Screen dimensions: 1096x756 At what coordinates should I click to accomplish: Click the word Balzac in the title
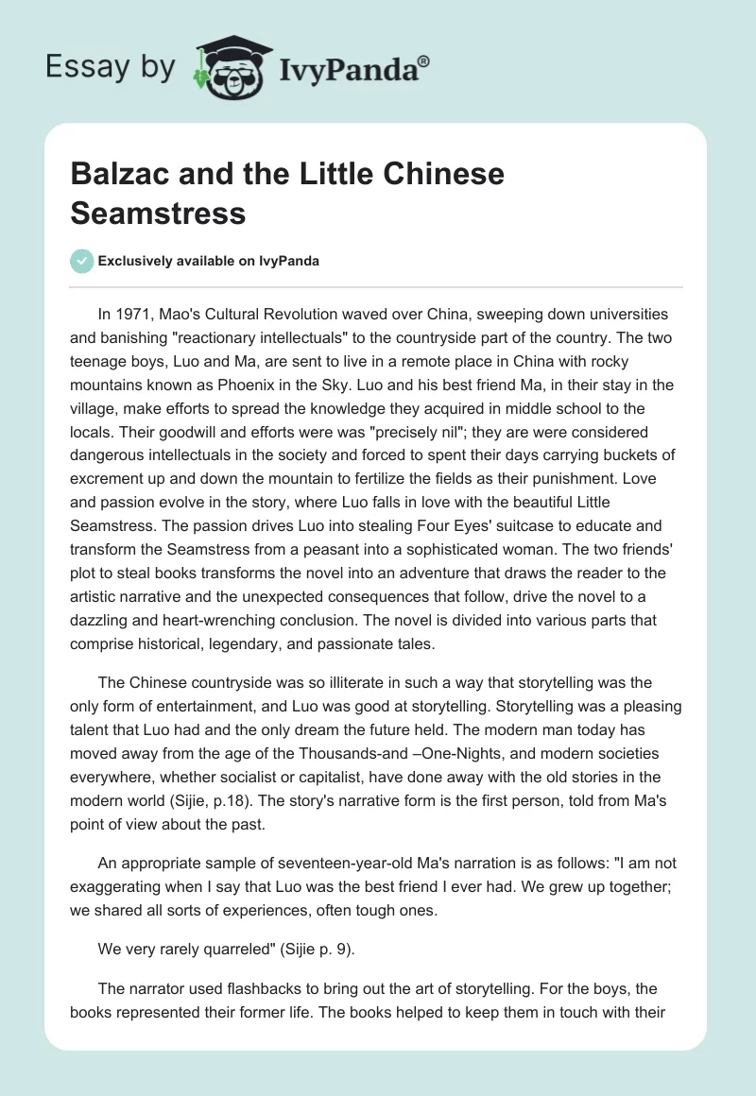click(x=117, y=175)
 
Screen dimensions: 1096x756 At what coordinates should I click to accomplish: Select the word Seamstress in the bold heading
click(x=158, y=213)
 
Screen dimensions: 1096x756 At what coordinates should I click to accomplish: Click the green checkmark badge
click(x=81, y=261)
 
